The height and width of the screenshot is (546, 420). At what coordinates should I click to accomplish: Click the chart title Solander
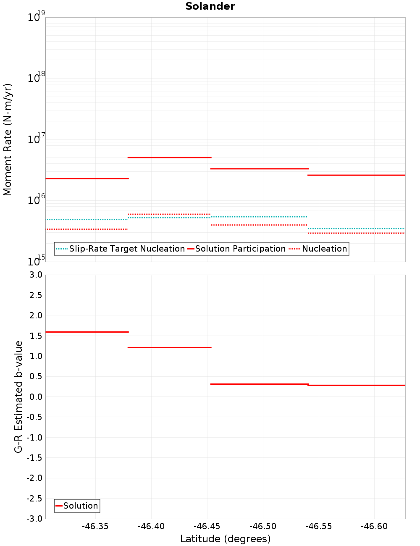pyautogui.click(x=210, y=6)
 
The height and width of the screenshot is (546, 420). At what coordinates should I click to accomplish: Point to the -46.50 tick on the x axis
pyautogui.click(x=263, y=526)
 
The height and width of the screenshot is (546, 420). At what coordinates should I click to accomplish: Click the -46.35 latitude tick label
pyautogui.click(x=95, y=526)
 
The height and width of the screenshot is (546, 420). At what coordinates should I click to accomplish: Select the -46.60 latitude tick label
pyautogui.click(x=374, y=526)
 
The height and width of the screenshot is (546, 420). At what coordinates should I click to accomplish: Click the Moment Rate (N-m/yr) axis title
pyautogui.click(x=8, y=139)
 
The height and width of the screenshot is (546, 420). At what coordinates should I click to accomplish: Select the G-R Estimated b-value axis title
pyautogui.click(x=18, y=396)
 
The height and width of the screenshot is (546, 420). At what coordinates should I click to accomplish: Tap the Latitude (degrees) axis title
pyautogui.click(x=225, y=539)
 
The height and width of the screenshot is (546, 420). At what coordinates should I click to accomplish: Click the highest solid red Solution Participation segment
pyautogui.click(x=169, y=157)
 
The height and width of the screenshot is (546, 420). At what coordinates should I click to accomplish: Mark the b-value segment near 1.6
pyautogui.click(x=87, y=332)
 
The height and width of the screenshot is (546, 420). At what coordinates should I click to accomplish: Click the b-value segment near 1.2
pyautogui.click(x=169, y=347)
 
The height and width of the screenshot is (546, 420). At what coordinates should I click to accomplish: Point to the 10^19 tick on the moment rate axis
pyautogui.click(x=36, y=17)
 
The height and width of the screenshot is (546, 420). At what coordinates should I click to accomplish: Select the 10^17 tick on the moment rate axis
pyautogui.click(x=36, y=139)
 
